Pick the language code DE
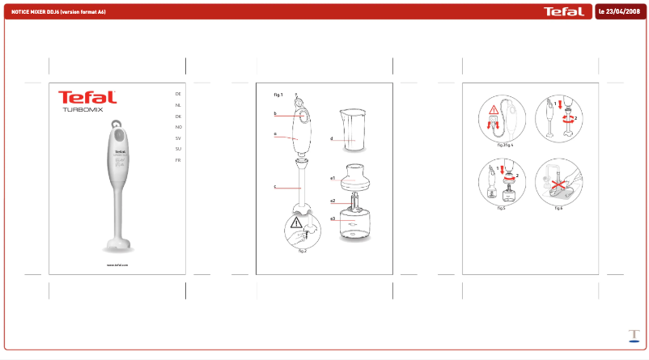178,95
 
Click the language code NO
178,127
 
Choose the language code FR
178,160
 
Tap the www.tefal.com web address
118,265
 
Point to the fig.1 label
279,95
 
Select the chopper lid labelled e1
353,176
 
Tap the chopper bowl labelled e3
353,224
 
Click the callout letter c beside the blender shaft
275,187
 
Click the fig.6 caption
558,208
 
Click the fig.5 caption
502,208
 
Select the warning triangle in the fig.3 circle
492,112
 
